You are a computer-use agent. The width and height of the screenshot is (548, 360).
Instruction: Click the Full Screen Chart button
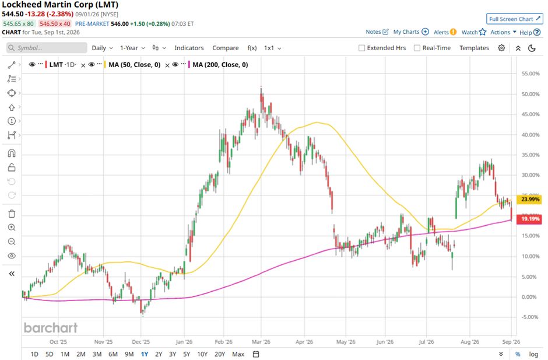pyautogui.click(x=515, y=19)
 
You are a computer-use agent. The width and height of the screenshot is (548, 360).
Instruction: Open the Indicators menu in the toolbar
pyautogui.click(x=189, y=48)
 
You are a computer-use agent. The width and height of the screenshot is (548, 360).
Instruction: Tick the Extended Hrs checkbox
pyautogui.click(x=361, y=48)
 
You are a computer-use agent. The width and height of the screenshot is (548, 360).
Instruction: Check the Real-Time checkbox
pyautogui.click(x=417, y=48)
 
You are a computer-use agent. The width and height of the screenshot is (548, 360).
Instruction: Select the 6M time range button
pyautogui.click(x=113, y=354)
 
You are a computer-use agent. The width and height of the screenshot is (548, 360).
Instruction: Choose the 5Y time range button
pyautogui.click(x=187, y=354)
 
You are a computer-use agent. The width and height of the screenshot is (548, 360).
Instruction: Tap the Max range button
pyautogui.click(x=238, y=354)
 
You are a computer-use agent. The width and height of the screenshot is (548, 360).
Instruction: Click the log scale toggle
pyautogui.click(x=533, y=354)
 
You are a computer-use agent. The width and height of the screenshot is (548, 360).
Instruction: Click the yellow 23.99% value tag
pyautogui.click(x=530, y=200)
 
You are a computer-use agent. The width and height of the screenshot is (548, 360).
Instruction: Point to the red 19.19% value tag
pyautogui.click(x=530, y=219)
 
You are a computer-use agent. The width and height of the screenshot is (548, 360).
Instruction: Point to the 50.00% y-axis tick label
pyautogui.click(x=531, y=94)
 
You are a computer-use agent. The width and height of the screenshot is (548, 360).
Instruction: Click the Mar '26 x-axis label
pyautogui.click(x=261, y=342)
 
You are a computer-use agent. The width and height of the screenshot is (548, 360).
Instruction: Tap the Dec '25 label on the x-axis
pyautogui.click(x=141, y=342)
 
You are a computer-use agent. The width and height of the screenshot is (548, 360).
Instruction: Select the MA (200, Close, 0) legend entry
pyautogui.click(x=220, y=65)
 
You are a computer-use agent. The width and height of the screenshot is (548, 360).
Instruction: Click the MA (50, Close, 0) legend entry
pyautogui.click(x=135, y=65)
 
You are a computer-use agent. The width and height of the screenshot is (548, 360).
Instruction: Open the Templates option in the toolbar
pyautogui.click(x=474, y=48)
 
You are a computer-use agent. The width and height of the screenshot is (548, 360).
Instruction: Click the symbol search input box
pyautogui.click(x=47, y=48)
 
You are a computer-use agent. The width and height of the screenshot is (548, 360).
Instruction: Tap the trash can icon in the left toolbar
pyautogui.click(x=12, y=214)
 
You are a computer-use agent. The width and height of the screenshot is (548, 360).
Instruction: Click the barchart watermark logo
pyautogui.click(x=51, y=328)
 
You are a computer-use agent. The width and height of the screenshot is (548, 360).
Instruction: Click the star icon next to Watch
pyautogui.click(x=483, y=32)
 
